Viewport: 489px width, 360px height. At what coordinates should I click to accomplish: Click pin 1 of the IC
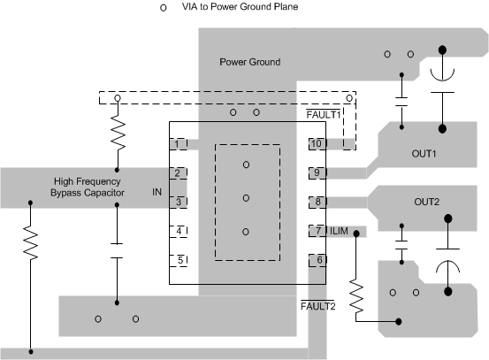180,143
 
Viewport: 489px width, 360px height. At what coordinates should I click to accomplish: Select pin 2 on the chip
180,172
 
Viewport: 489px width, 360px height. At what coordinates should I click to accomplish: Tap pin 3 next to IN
180,202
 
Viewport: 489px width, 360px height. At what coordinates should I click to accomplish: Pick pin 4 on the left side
180,231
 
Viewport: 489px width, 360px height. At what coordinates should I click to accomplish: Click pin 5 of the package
180,260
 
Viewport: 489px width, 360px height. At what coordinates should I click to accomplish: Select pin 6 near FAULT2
317,260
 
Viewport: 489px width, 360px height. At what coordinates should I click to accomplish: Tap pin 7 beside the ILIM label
317,231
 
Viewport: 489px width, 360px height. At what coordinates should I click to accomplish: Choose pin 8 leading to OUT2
317,202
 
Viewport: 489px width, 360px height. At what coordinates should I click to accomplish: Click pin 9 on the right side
317,172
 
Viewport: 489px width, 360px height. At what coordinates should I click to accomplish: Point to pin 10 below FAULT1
317,143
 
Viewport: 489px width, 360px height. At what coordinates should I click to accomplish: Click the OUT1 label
426,153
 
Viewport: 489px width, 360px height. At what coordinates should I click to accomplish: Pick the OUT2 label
426,202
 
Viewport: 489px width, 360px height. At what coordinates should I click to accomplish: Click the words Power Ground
250,62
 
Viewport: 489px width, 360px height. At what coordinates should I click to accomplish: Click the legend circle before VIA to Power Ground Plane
161,8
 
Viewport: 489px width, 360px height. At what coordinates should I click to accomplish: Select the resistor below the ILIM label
356,298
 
